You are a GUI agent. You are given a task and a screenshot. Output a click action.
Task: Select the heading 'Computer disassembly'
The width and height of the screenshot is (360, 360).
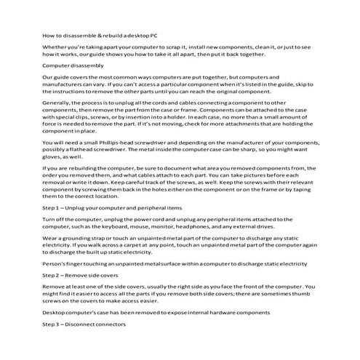pyautogui.click(x=70, y=66)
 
